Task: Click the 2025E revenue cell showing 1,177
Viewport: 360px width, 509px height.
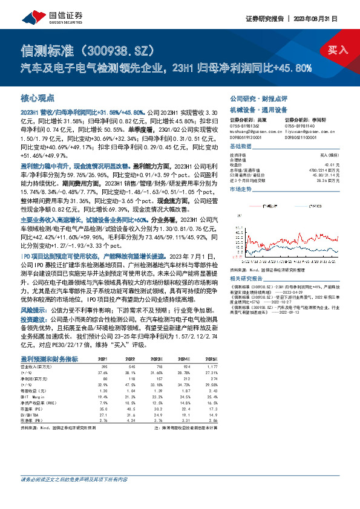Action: [209, 367]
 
